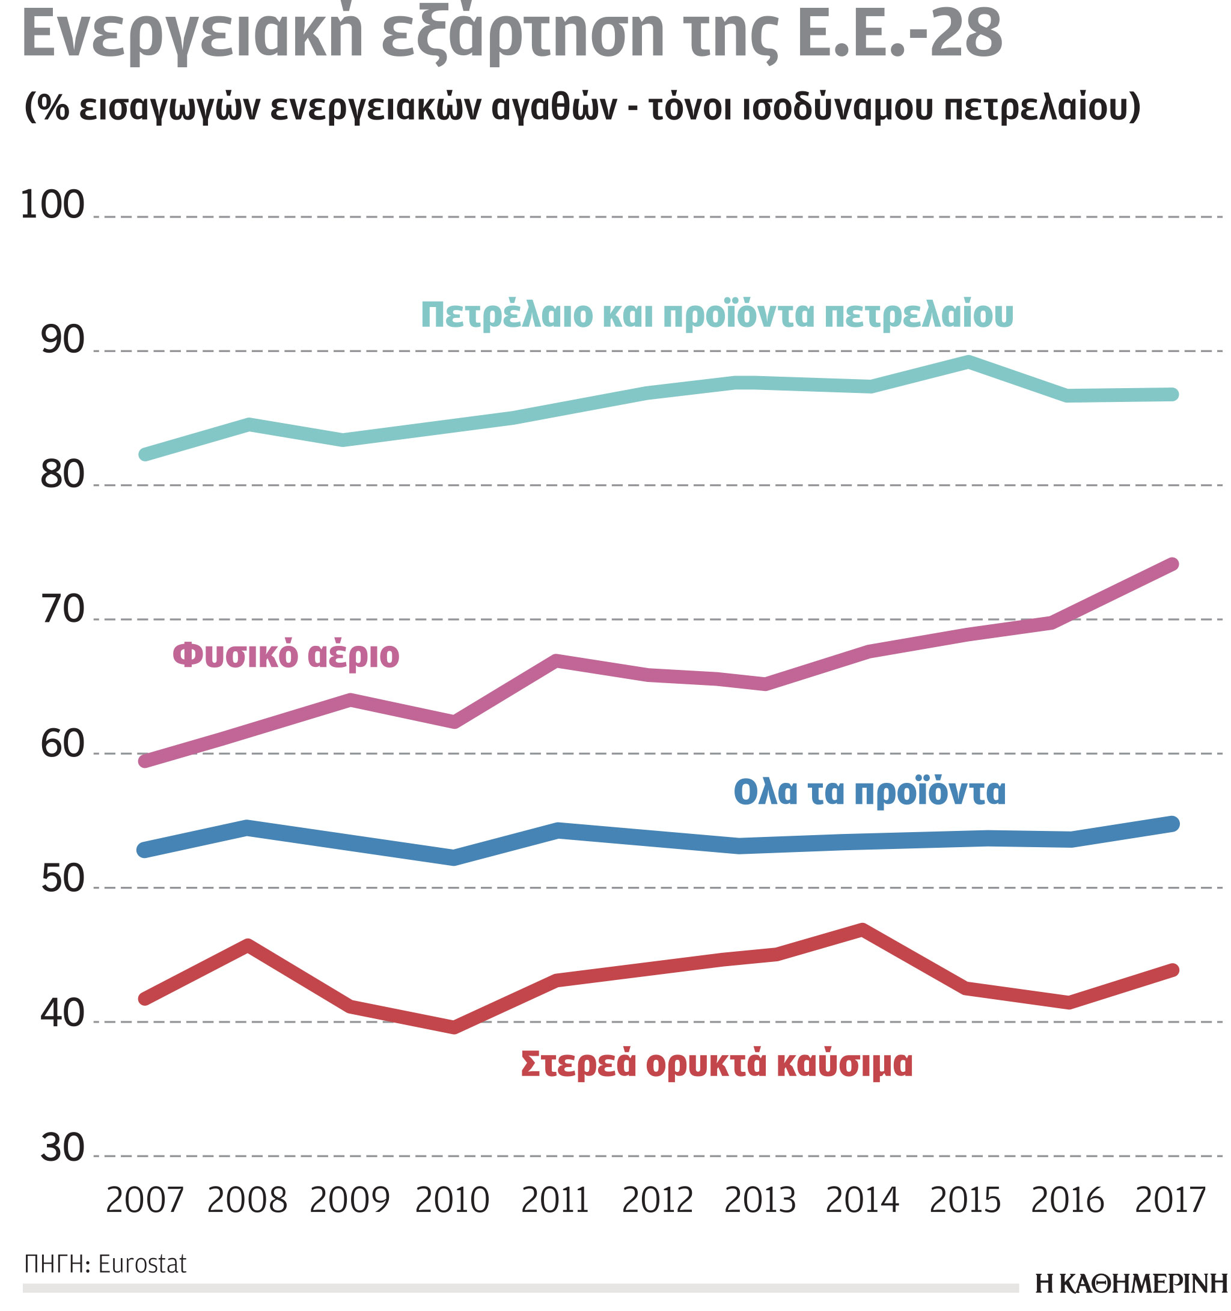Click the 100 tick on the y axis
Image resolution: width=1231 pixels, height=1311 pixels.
pyautogui.click(x=53, y=204)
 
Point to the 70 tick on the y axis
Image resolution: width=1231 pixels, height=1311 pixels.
pyautogui.click(x=63, y=609)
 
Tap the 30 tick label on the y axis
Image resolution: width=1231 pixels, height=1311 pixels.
pyautogui.click(x=63, y=1148)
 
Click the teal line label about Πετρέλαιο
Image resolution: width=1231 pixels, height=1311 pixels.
pyautogui.click(x=716, y=315)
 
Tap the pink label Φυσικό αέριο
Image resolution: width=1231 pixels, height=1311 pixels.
pyautogui.click(x=286, y=655)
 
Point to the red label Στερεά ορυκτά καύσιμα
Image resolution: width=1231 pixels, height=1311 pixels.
pyautogui.click(x=716, y=1063)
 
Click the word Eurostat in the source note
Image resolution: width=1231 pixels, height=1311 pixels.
pyautogui.click(x=142, y=1264)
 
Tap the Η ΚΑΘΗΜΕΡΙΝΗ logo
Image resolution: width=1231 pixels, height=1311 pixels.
pyautogui.click(x=1131, y=1283)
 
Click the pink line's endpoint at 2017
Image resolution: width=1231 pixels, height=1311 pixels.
pyautogui.click(x=1172, y=565)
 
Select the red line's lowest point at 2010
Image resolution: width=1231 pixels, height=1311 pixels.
pyautogui.click(x=454, y=1027)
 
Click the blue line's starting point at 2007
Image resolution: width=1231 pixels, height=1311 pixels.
pyautogui.click(x=144, y=850)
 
